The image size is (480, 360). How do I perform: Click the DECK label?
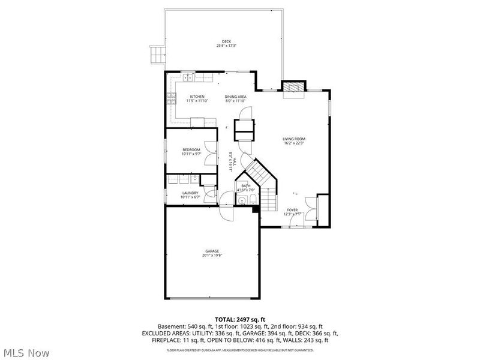click(x=226, y=41)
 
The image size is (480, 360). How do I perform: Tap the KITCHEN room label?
click(x=197, y=97)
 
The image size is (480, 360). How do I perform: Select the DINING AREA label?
click(x=235, y=97)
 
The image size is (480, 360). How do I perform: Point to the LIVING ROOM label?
click(x=294, y=139)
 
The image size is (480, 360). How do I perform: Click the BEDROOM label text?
click(x=191, y=149)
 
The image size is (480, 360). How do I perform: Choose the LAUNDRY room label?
click(x=190, y=193)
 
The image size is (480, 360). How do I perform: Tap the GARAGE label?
click(x=212, y=251)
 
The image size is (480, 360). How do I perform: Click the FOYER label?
click(x=292, y=210)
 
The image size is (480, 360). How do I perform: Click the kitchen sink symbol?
click(x=188, y=77)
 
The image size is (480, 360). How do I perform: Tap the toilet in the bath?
click(x=253, y=199)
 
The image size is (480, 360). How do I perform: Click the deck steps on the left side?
click(x=157, y=55)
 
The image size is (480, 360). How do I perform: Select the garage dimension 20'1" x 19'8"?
click(x=212, y=256)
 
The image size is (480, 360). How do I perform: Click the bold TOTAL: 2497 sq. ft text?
click(x=240, y=319)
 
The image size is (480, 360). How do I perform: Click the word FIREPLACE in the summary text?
click(x=161, y=340)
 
